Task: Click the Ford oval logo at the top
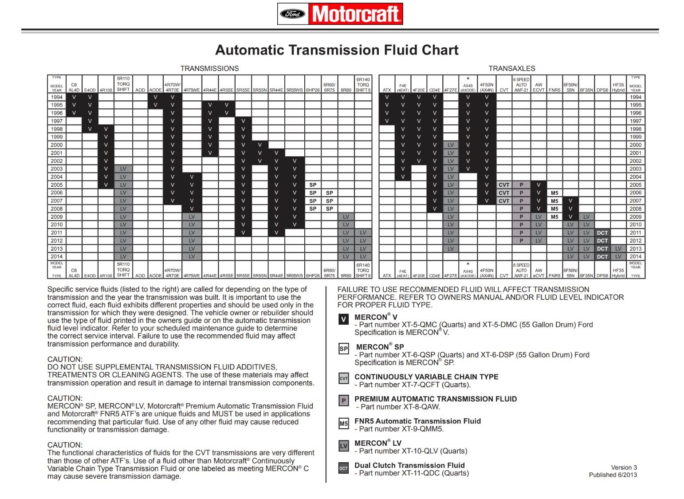tap(293, 14)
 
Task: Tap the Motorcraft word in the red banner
tap(356, 14)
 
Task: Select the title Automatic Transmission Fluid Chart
tap(337, 50)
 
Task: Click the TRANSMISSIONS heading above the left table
tap(209, 68)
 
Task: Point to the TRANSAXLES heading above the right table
tap(511, 68)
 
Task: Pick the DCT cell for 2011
tap(602, 233)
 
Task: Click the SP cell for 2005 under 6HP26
tap(313, 185)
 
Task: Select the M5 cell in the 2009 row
tap(554, 217)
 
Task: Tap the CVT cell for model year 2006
tap(504, 193)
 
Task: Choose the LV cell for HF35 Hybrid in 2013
tap(618, 249)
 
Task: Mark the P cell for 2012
tap(521, 241)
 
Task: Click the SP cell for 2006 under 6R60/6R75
tap(329, 193)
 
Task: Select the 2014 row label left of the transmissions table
tap(57, 256)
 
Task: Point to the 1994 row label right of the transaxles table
tap(635, 97)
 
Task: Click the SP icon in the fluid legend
tap(344, 349)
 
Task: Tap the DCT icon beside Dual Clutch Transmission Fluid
tap(344, 468)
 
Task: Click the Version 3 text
tap(624, 468)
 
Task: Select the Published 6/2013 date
tap(613, 475)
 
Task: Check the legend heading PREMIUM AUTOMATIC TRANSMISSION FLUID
tap(435, 399)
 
